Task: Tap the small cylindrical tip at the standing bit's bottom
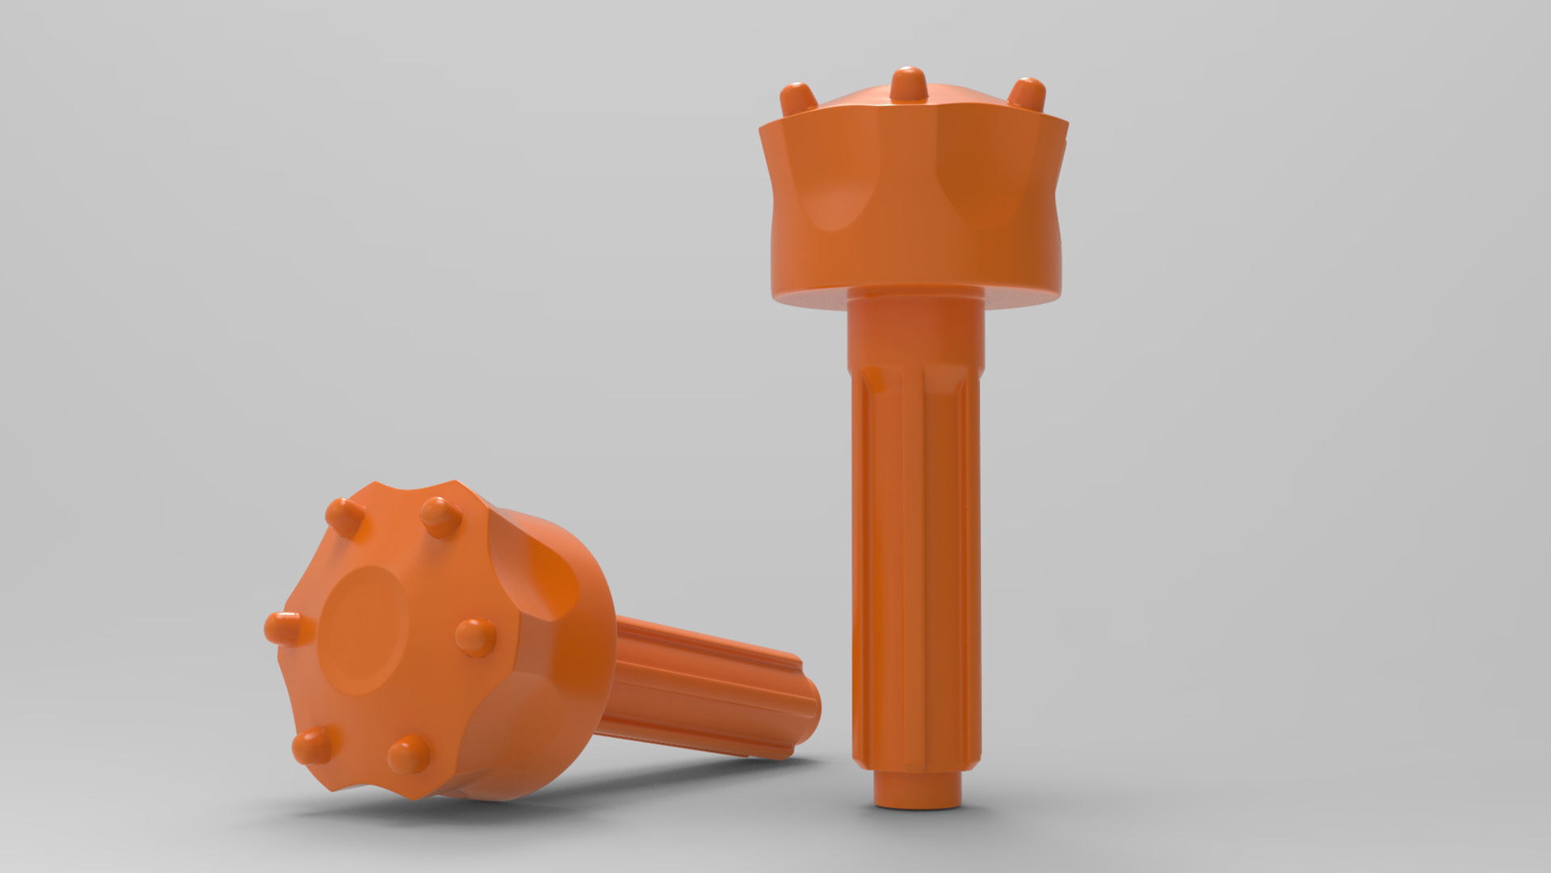pos(919,797)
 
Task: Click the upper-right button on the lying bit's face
pos(441,516)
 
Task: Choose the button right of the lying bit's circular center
pos(475,635)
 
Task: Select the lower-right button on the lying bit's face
pos(409,754)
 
